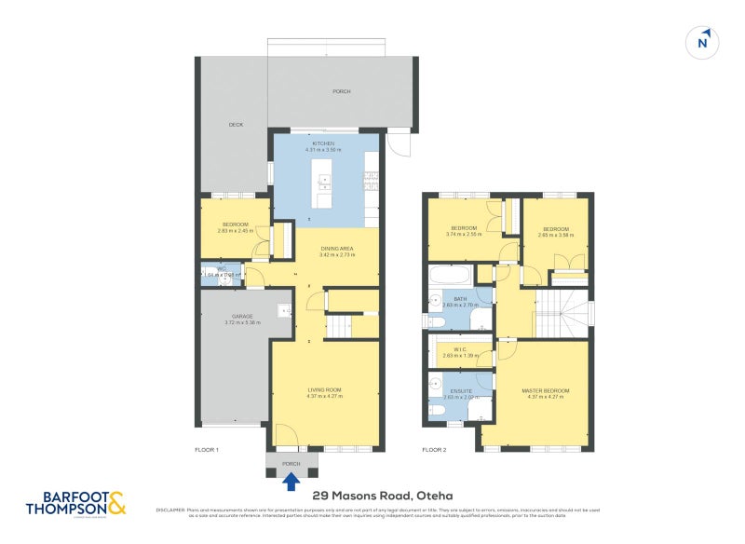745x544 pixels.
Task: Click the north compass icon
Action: point(703,41)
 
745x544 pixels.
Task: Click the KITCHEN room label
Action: point(323,143)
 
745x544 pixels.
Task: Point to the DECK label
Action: point(236,124)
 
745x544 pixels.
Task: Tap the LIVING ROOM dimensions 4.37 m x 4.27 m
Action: point(325,396)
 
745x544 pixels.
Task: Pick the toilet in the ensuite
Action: point(436,408)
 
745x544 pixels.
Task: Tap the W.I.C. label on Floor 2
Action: point(460,350)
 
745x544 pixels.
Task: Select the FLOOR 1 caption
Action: point(206,450)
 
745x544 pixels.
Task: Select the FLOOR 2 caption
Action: point(434,450)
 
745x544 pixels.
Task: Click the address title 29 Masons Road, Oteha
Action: point(368,496)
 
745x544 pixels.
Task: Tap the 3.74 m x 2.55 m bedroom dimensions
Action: point(464,235)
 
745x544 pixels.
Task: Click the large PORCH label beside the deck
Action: point(342,91)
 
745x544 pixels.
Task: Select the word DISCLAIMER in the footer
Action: point(169,510)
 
